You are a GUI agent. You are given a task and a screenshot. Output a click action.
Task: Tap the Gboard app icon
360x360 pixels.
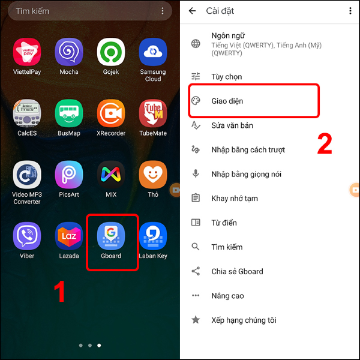(x=111, y=236)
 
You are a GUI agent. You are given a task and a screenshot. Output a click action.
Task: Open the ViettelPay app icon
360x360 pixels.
(x=27, y=52)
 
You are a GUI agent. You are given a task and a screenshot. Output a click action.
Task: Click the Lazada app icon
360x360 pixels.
(x=69, y=236)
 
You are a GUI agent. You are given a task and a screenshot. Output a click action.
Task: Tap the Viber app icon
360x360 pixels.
(x=27, y=236)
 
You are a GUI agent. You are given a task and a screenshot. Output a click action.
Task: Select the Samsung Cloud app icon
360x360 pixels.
(x=153, y=52)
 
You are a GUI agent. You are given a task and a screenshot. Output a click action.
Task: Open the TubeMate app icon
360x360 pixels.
(x=153, y=113)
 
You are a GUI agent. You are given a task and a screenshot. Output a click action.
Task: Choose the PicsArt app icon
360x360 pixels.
(x=69, y=175)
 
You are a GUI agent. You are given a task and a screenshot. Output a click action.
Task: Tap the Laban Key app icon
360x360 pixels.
(x=153, y=236)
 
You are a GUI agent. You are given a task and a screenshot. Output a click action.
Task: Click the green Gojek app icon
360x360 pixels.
(x=111, y=52)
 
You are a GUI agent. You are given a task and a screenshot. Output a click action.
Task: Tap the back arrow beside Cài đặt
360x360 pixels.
(x=192, y=11)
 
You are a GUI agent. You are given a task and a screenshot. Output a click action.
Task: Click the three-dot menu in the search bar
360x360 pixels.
(x=163, y=11)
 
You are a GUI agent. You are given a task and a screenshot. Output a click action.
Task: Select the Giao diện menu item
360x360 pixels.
(x=227, y=101)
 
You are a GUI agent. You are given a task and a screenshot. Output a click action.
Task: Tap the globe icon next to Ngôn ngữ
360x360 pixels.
(x=196, y=44)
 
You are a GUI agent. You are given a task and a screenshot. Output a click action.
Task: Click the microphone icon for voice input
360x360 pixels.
(x=196, y=174)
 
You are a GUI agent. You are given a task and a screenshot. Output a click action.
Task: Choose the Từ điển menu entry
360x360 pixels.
(x=224, y=223)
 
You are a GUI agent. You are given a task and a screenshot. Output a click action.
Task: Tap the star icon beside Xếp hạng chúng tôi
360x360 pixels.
(x=196, y=320)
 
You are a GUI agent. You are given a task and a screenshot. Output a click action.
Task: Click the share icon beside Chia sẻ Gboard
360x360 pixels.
(x=196, y=271)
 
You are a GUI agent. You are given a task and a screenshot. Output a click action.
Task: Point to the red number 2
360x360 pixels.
(x=325, y=144)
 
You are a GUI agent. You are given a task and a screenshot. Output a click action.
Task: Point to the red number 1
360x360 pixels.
(x=60, y=292)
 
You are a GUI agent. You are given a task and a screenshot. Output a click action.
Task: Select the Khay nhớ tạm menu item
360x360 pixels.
(x=235, y=199)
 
